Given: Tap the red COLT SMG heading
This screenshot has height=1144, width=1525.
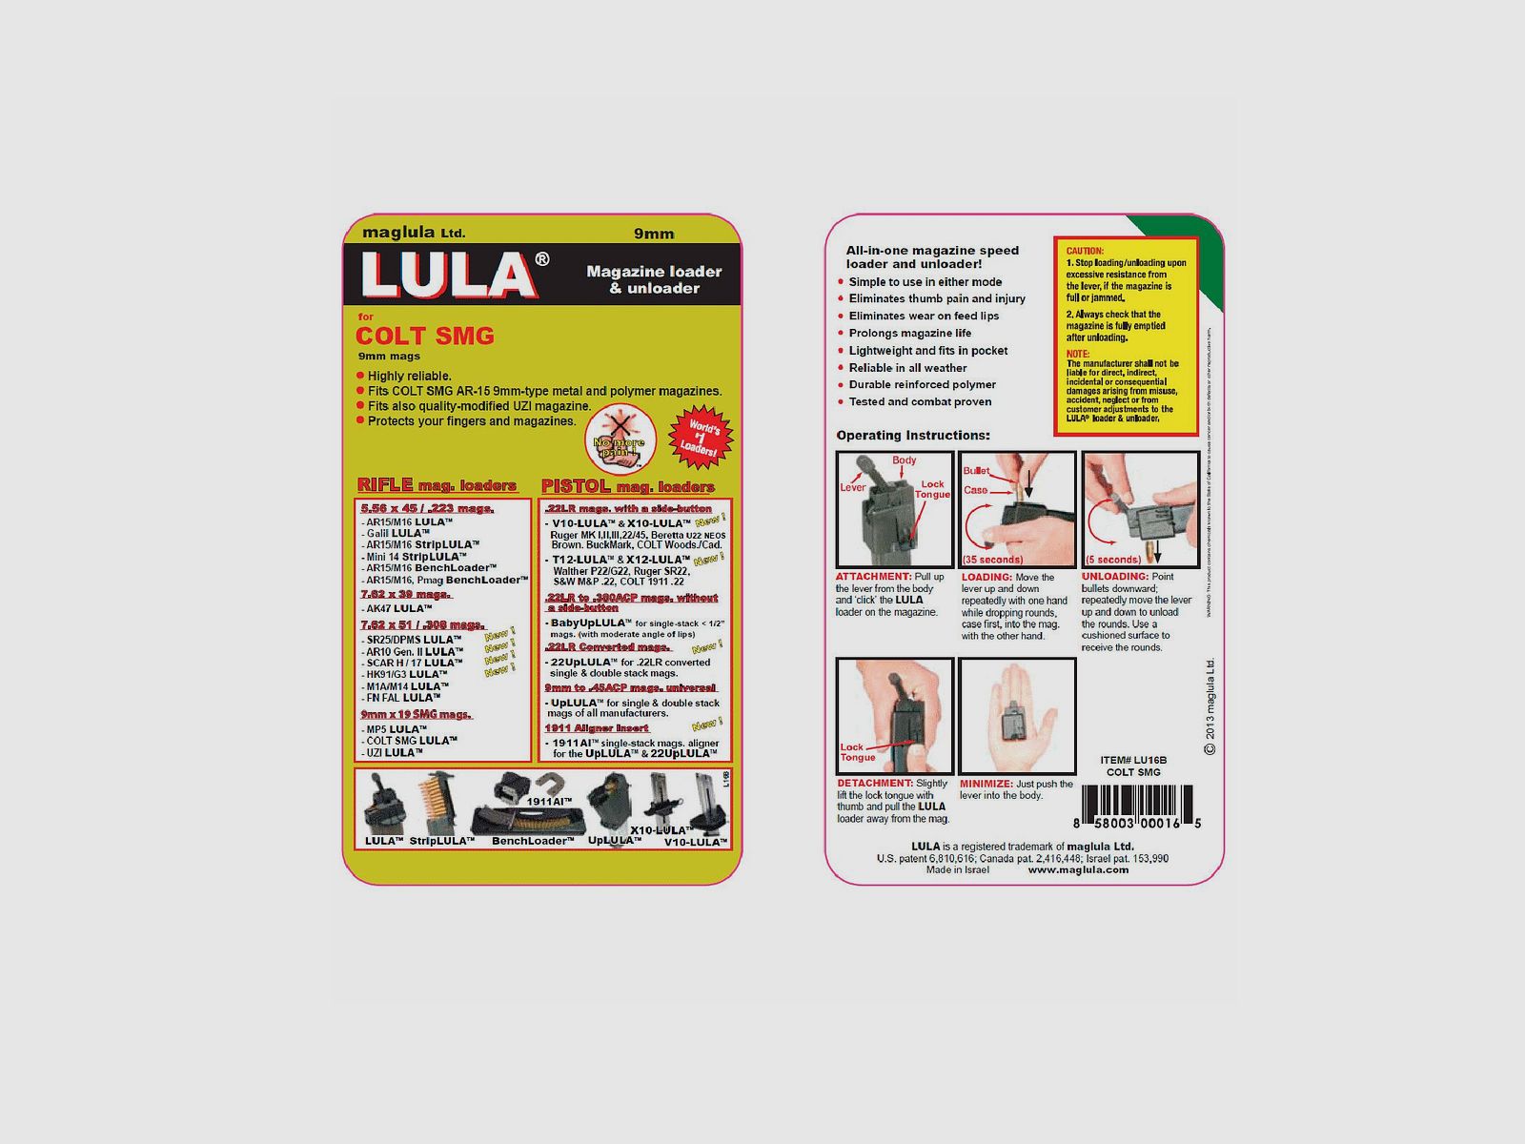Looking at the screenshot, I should (424, 336).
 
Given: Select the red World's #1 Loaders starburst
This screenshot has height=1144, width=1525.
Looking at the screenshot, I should (701, 438).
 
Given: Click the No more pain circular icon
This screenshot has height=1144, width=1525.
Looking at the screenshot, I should (619, 439).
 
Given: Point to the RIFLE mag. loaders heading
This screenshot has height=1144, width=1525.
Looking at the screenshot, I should (437, 485).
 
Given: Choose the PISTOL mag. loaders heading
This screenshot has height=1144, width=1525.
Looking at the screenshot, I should (627, 486).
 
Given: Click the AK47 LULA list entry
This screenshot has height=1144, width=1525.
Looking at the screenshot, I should (398, 608).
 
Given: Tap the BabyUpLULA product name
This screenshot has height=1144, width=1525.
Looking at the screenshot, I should (590, 623).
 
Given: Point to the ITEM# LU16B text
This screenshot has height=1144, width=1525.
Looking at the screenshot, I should (1133, 760).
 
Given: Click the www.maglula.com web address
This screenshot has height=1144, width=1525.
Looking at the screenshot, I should (1078, 869).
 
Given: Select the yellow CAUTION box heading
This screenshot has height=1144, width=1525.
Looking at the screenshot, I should (1085, 251).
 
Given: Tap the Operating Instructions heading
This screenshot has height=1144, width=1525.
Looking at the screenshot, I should (912, 436).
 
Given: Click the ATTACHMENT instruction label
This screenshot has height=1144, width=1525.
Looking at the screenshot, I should (873, 577).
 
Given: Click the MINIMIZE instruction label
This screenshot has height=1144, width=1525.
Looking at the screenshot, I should (986, 784).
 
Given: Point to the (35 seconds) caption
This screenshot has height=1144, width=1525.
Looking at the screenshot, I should (992, 560).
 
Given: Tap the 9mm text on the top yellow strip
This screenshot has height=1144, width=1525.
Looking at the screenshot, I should (654, 234).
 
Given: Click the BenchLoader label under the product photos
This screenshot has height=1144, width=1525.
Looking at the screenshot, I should (533, 841).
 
